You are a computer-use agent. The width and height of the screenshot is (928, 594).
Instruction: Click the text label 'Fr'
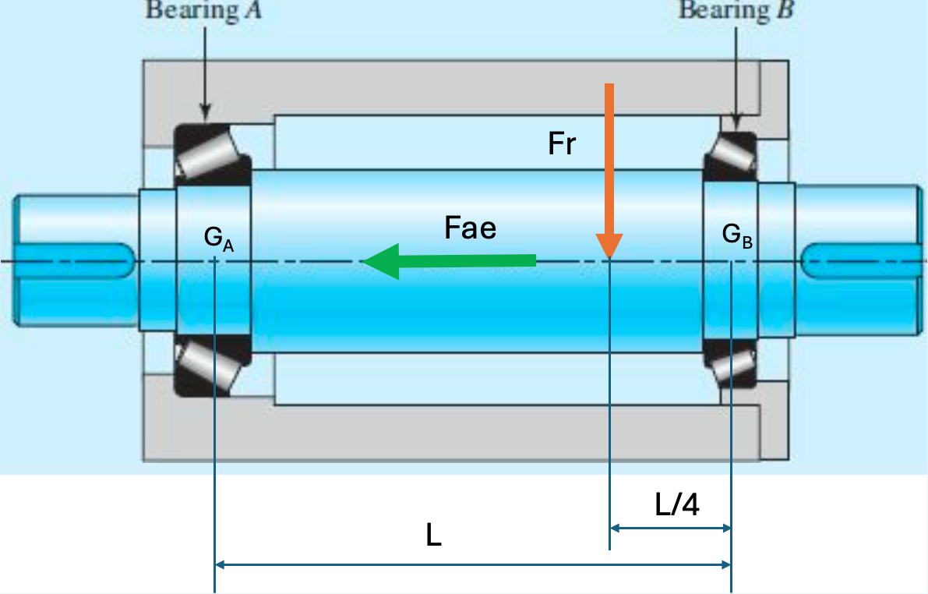pos(562,145)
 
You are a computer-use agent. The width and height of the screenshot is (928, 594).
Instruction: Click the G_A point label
pos(218,237)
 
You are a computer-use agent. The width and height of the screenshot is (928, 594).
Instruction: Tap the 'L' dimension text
pos(434,536)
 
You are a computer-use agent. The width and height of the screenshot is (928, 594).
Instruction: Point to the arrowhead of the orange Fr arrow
pos(609,245)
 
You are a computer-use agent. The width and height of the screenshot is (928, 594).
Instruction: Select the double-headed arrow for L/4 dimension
pos(670,529)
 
